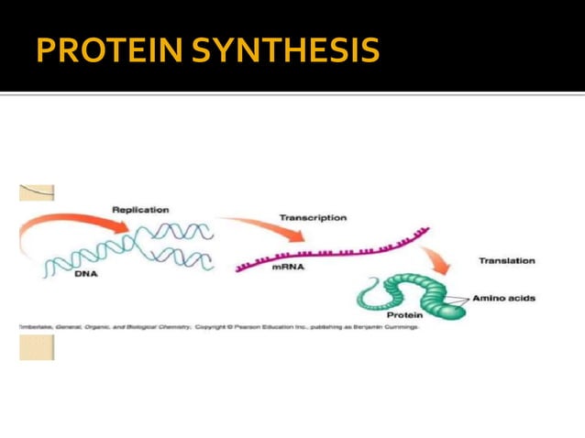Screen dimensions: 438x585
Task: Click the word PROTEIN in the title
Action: (x=108, y=50)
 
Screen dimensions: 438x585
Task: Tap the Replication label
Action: (x=140, y=210)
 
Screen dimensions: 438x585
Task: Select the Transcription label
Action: (x=313, y=218)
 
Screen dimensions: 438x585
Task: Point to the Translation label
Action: (x=506, y=261)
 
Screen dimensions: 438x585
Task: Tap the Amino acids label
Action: (x=503, y=298)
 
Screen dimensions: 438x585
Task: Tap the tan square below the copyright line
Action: (x=37, y=347)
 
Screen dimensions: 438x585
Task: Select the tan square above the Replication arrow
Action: (x=37, y=192)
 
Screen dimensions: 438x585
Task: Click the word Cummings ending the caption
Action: (x=399, y=326)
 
